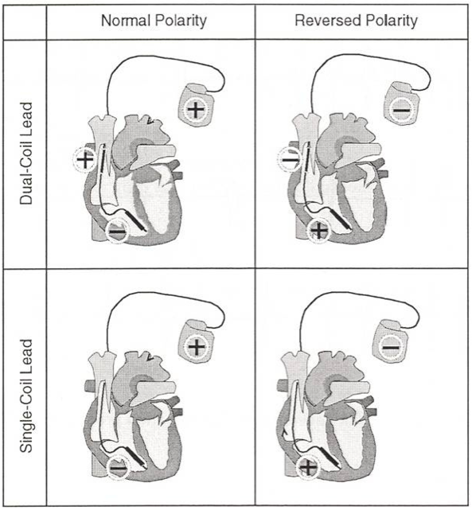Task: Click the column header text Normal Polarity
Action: pos(154,21)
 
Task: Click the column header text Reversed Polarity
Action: pos(357,21)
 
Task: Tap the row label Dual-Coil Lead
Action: pos(26,154)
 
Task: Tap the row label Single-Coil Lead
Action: pos(26,395)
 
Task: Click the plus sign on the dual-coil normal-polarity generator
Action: pos(196,109)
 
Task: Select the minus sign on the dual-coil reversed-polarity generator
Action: pos(401,111)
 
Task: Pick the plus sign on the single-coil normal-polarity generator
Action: pos(197,346)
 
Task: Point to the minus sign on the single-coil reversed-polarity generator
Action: pos(391,348)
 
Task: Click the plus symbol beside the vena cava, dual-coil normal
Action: pos(85,159)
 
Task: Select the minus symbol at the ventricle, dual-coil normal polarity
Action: pos(117,232)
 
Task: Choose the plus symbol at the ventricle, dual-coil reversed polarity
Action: pos(319,231)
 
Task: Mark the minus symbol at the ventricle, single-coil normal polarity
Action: pos(118,469)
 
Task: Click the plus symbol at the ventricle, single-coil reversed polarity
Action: pos(308,468)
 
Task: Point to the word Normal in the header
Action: pos(126,21)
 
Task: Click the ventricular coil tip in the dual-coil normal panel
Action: pos(143,229)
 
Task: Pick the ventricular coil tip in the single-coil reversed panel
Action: pos(339,465)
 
